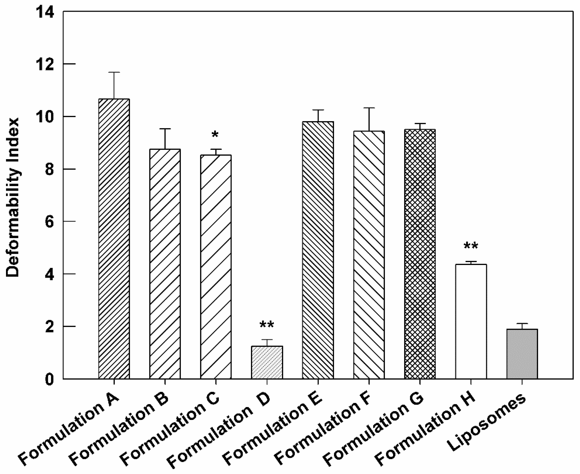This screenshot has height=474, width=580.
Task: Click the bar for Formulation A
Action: [114, 239]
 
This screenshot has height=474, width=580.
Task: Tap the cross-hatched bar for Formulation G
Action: [420, 254]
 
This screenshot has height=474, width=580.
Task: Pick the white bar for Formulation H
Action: [471, 321]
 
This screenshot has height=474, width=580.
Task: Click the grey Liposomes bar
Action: [522, 354]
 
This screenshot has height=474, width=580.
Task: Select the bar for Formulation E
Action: [318, 250]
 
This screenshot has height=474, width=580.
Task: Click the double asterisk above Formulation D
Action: [267, 325]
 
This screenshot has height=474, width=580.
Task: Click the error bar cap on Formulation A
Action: [114, 72]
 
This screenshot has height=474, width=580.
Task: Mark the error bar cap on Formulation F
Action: [369, 108]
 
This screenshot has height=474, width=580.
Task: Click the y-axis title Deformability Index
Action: [13, 197]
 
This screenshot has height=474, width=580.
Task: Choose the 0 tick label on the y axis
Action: [49, 380]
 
